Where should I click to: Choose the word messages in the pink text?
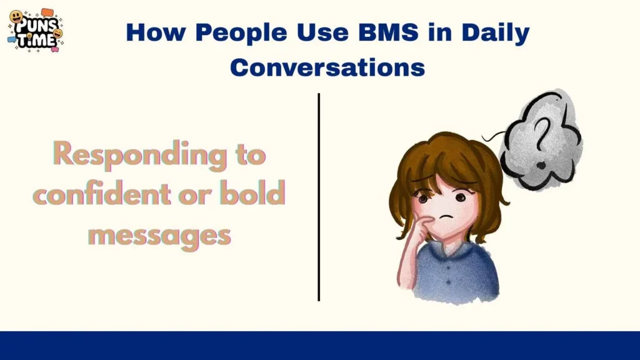click(159, 235)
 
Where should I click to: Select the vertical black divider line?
click(319, 197)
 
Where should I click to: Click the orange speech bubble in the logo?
click(47, 13)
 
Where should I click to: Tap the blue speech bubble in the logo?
click(12, 39)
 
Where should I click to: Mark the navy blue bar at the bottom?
click(320, 346)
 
